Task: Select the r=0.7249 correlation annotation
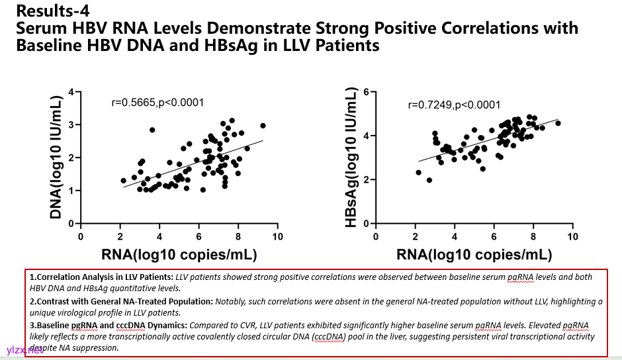pyautogui.click(x=453, y=105)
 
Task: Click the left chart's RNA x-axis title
pyautogui.click(x=179, y=255)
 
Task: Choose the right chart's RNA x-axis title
pyautogui.click(x=474, y=255)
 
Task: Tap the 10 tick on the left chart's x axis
pyautogui.click(x=277, y=236)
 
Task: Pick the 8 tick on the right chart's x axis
pyautogui.click(x=533, y=236)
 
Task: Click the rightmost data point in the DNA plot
pyautogui.click(x=263, y=126)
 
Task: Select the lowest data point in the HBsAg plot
pyautogui.click(x=429, y=180)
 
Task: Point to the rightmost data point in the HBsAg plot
pyautogui.click(x=558, y=123)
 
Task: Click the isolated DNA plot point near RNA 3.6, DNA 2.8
pyautogui.click(x=152, y=130)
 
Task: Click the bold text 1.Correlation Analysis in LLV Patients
pyautogui.click(x=101, y=277)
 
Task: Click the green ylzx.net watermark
pyautogui.click(x=24, y=349)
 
